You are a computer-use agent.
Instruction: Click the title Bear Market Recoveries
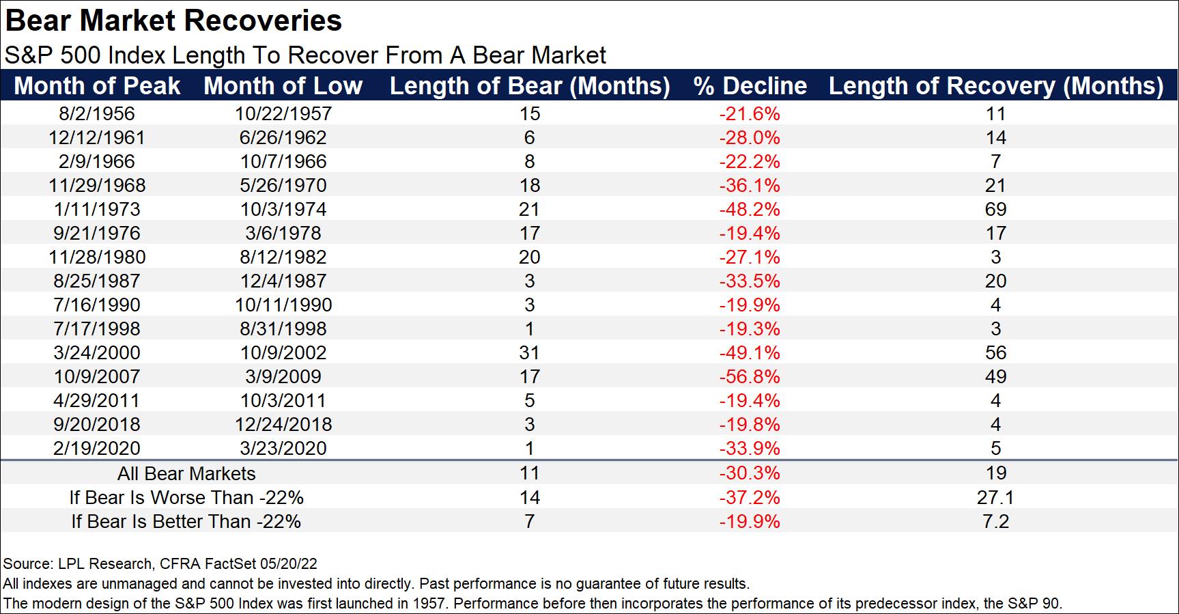click(173, 21)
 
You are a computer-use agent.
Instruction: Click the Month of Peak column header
click(97, 86)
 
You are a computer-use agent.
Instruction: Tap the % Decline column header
click(750, 86)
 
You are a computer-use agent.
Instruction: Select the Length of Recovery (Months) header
click(995, 86)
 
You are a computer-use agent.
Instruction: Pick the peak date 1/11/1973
click(97, 210)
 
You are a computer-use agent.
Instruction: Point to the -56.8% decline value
click(749, 377)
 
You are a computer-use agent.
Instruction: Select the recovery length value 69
click(995, 210)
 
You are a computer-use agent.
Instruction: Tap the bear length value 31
click(529, 353)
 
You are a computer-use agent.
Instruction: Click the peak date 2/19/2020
click(97, 449)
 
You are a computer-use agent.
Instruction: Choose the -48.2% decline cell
click(749, 210)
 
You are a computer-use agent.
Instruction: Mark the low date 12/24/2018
click(283, 425)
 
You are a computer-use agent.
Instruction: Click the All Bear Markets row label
click(186, 474)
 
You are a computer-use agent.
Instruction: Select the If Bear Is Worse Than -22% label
click(186, 498)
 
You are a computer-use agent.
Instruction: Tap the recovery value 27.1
click(995, 498)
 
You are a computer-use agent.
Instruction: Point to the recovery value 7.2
click(995, 522)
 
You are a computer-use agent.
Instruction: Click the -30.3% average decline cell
click(749, 474)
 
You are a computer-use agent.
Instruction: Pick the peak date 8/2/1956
click(97, 114)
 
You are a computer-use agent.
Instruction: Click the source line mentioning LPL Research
click(160, 564)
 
